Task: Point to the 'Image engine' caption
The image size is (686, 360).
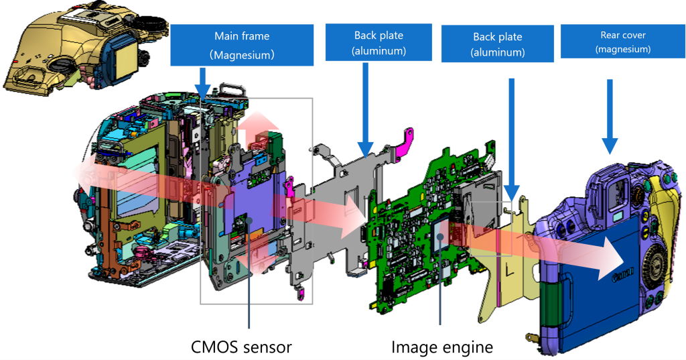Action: [x=442, y=347]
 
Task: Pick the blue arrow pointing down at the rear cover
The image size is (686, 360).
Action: [x=610, y=117]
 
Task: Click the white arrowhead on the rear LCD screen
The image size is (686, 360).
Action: [x=612, y=265]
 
